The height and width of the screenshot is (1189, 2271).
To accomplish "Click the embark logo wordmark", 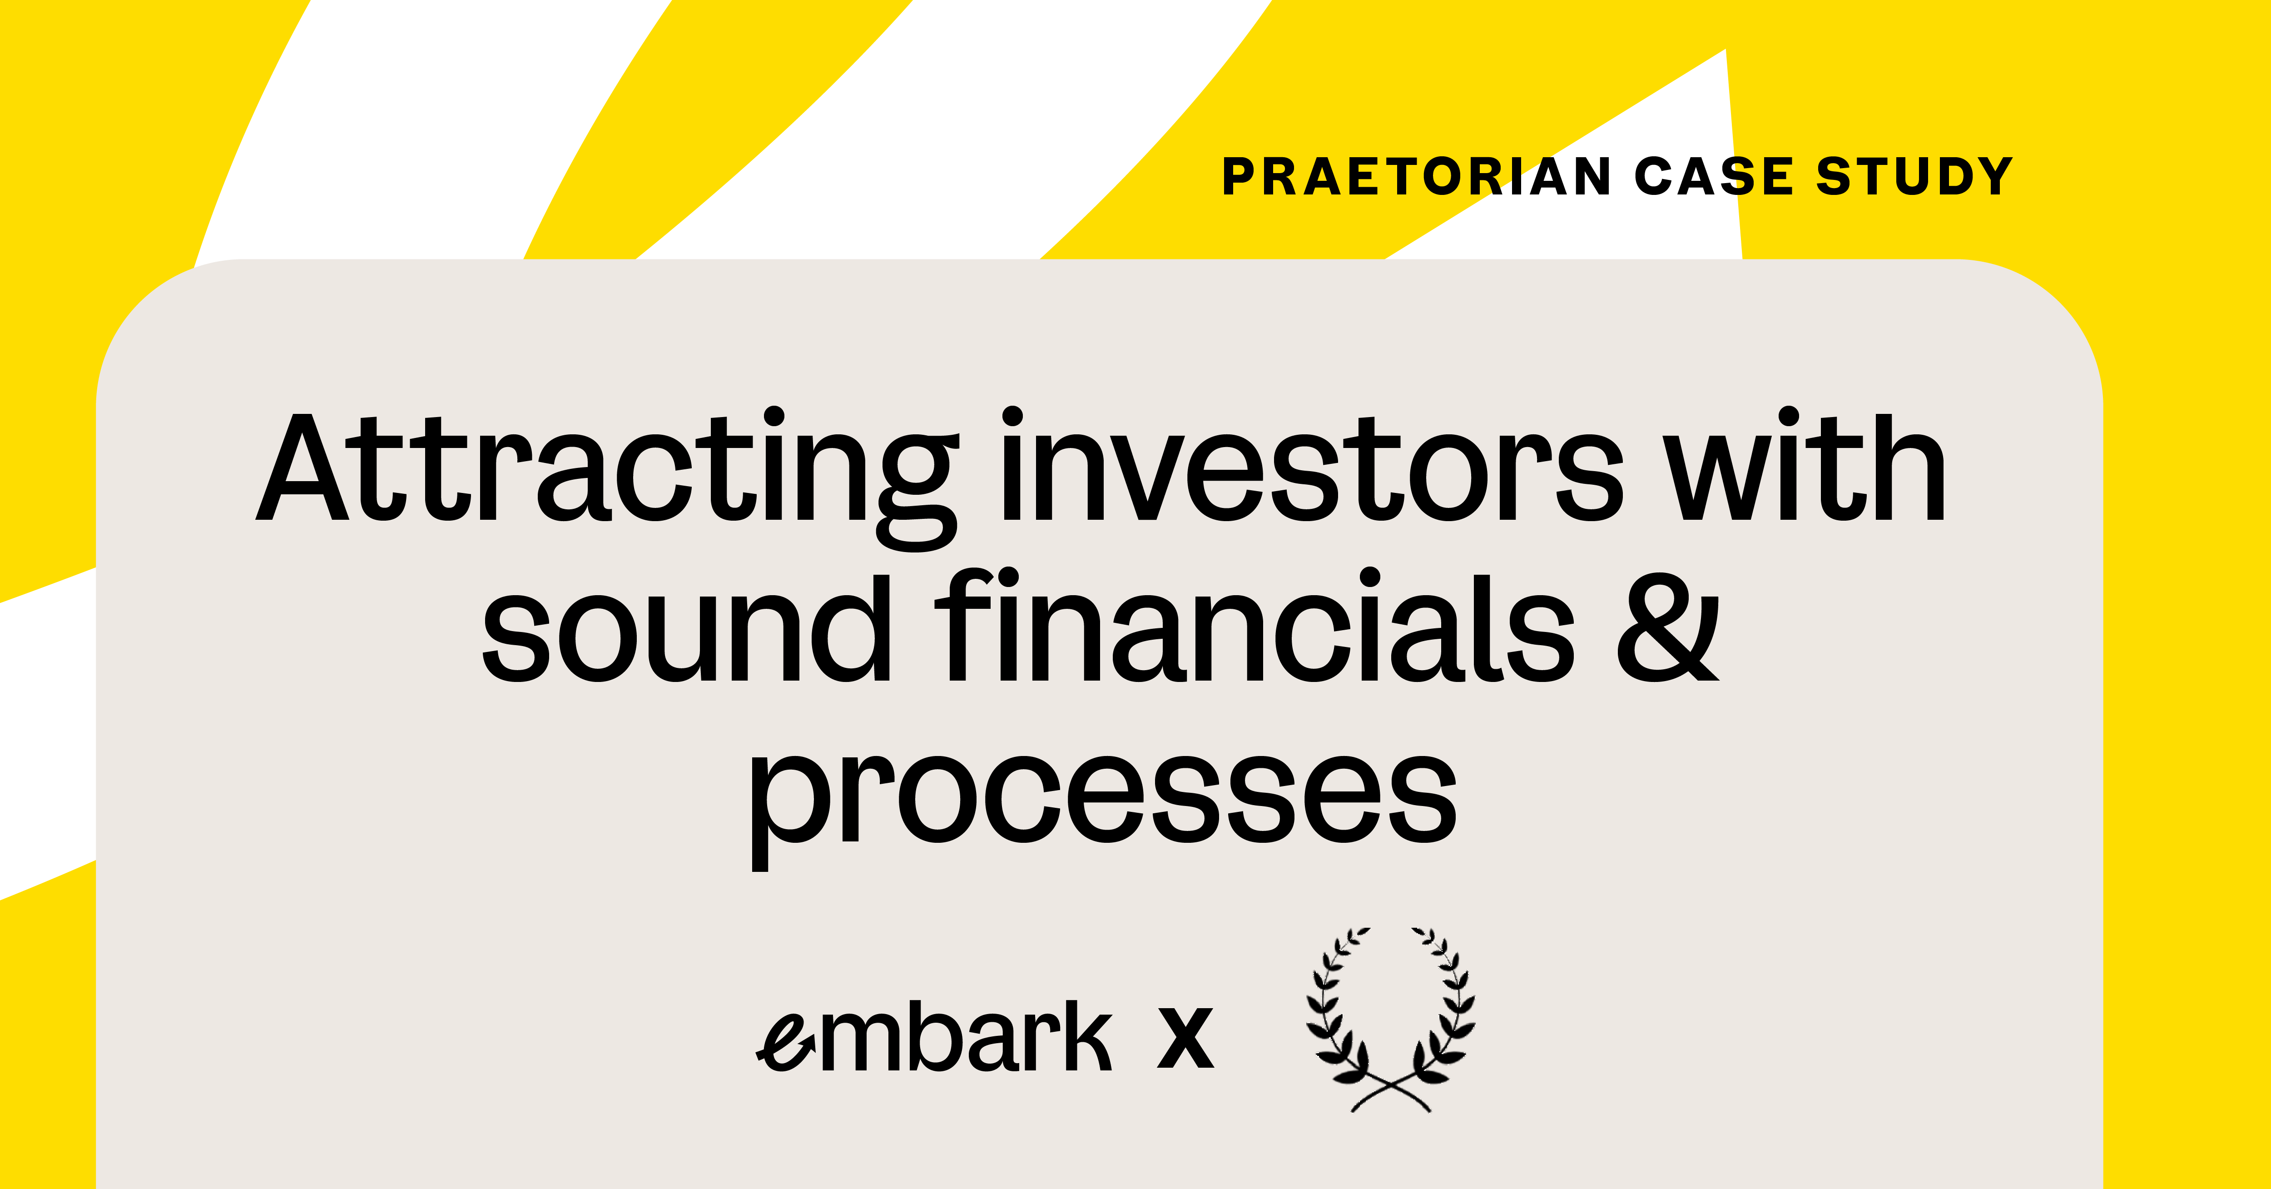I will point(934,1036).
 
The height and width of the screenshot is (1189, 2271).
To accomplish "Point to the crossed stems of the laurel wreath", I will point(1391,1092).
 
